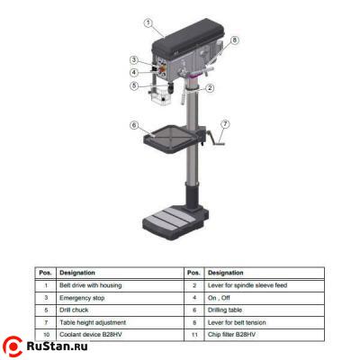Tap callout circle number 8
(235, 40)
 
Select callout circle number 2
(210, 88)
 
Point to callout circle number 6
(134, 125)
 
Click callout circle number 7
(225, 123)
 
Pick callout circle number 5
(134, 86)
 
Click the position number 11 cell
(194, 334)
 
